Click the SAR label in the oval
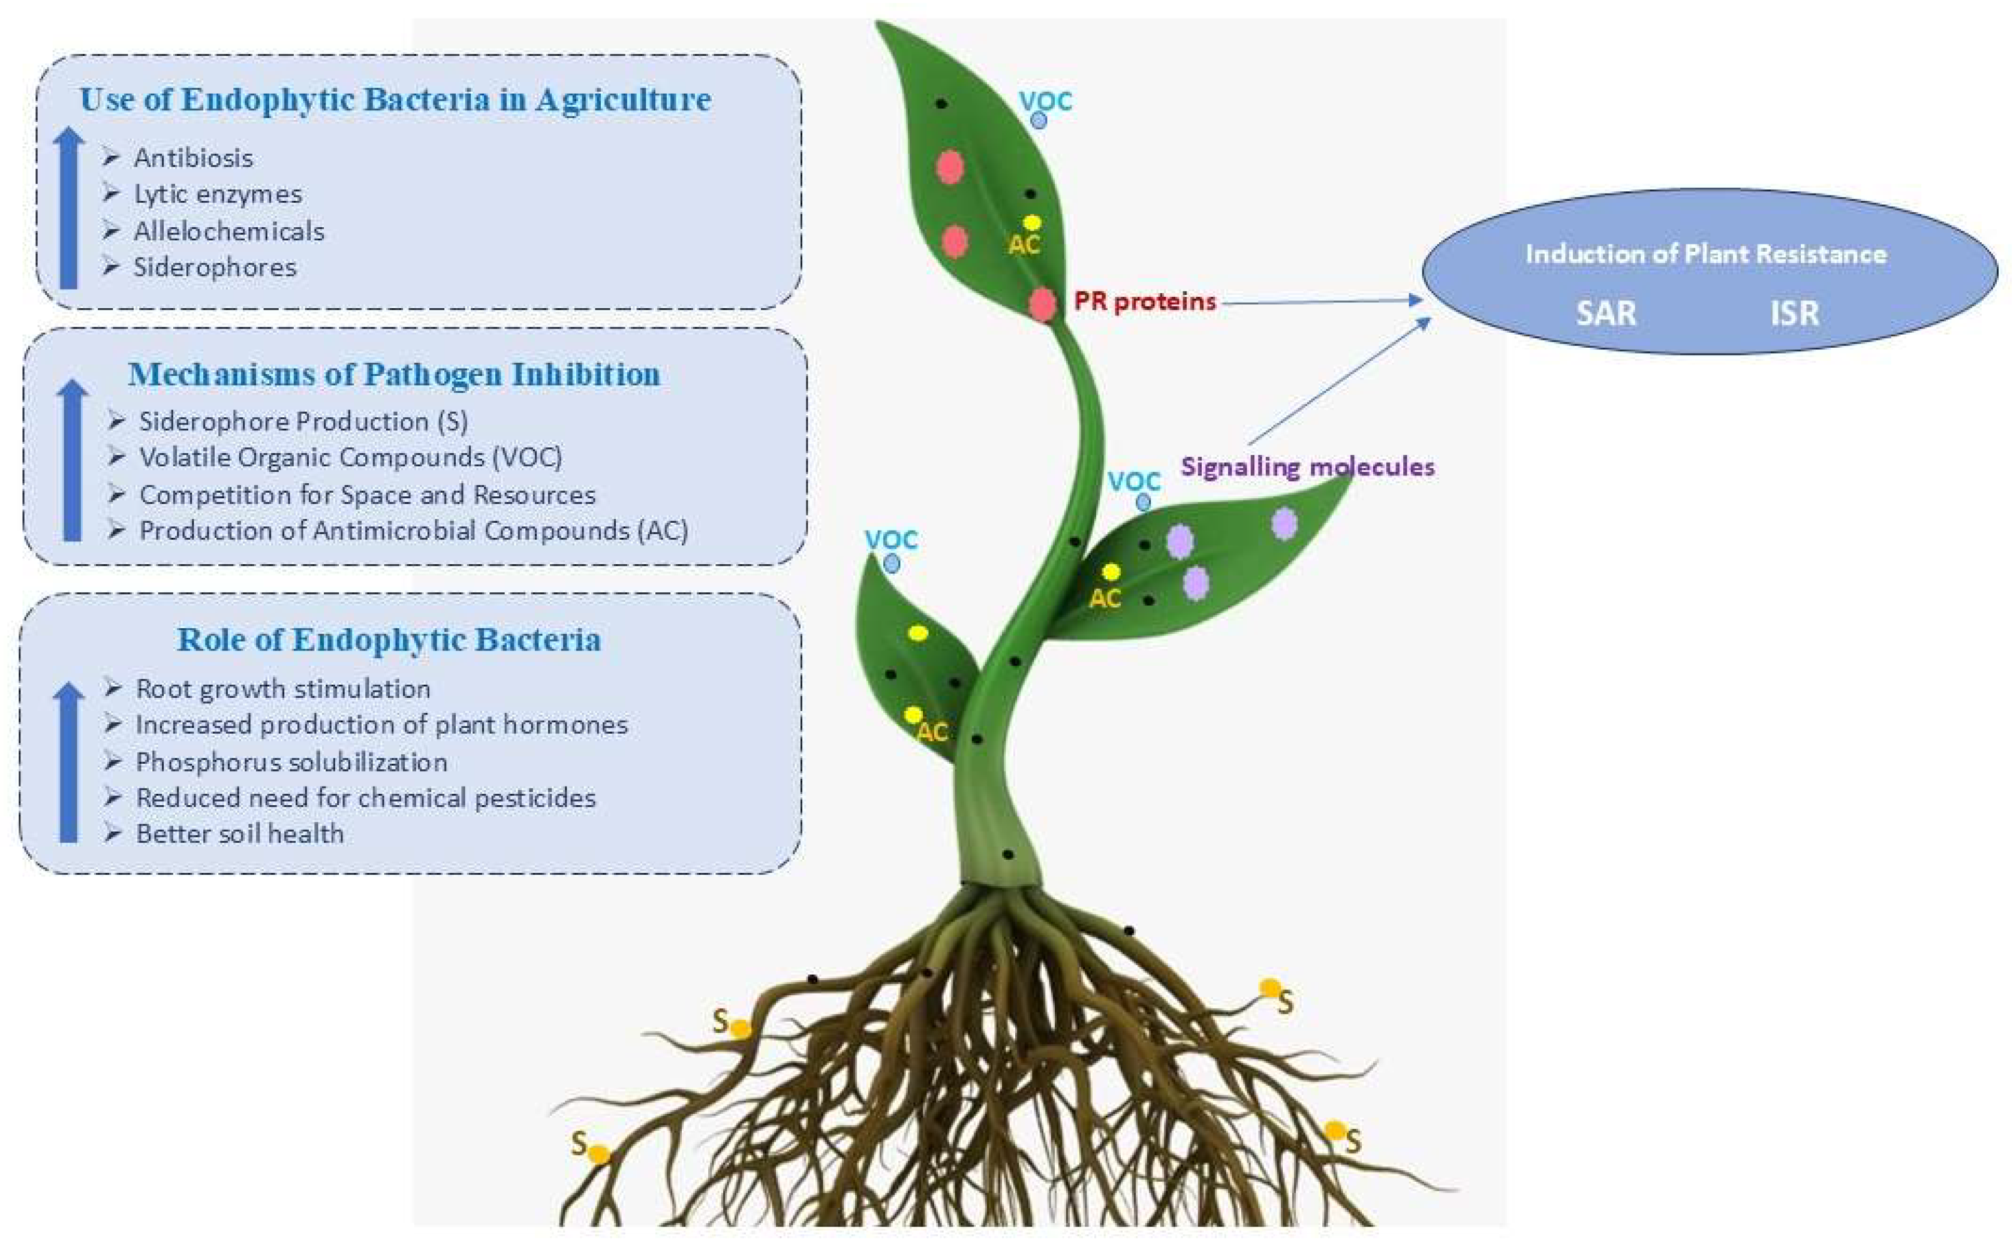pos(1605,314)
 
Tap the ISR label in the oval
pos(1795,314)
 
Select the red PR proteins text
pos(1145,301)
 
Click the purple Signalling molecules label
pos(1307,467)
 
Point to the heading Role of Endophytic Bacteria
pos(389,640)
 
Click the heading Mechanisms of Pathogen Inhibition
pos(394,375)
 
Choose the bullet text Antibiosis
pos(193,158)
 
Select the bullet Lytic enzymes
pos(218,194)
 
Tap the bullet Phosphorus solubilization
pos(291,761)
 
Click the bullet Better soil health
pos(239,834)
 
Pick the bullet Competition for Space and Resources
pos(367,495)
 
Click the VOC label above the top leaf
pos(1045,101)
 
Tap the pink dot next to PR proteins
pos(1042,305)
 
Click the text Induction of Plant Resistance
pos(1705,254)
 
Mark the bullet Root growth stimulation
pos(283,689)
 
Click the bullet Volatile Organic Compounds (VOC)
pos(350,457)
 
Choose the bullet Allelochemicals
pos(228,231)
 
